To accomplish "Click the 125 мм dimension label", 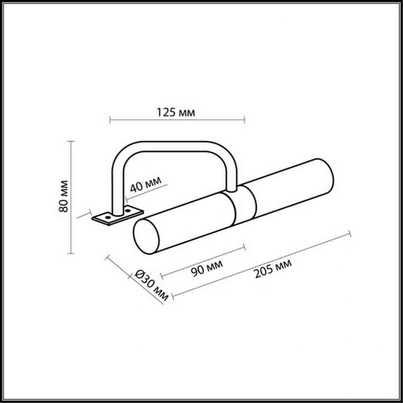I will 176,112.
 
